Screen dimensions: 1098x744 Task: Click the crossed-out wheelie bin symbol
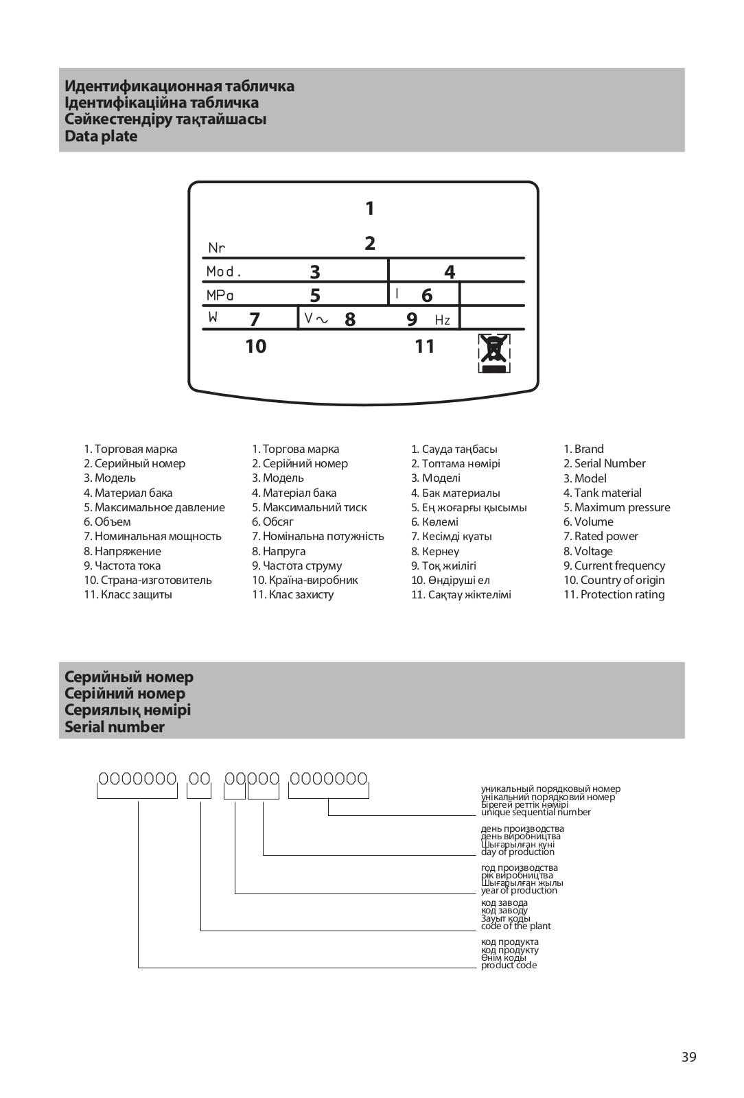494,353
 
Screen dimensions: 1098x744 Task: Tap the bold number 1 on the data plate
370,208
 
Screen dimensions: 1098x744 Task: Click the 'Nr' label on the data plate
217,248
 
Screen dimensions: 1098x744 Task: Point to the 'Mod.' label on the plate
224,272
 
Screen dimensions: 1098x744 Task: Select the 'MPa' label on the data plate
220,296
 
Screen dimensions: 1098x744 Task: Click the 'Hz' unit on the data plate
443,320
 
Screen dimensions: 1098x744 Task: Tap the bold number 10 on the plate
255,346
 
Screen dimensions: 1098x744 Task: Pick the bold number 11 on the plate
425,346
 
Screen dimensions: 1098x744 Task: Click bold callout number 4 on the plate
450,272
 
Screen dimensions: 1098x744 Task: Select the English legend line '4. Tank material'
603,493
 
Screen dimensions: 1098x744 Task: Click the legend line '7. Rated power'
601,536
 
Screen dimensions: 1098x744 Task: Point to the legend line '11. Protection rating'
614,594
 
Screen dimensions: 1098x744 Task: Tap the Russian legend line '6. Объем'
107,522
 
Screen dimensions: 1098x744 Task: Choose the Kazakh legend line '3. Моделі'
436,478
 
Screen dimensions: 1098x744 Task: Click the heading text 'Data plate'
101,136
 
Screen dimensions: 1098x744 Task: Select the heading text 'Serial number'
115,727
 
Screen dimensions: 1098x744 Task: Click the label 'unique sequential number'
535,813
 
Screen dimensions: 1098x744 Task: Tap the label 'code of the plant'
515,926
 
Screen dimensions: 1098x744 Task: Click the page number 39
689,1057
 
